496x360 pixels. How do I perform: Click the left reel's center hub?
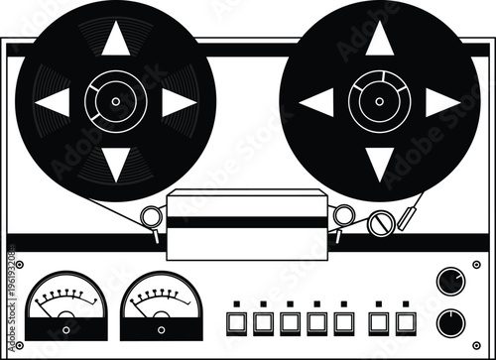pyautogui.click(x=116, y=101)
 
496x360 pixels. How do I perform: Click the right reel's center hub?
pyautogui.click(x=379, y=101)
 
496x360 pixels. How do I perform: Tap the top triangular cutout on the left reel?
pyautogui.click(x=116, y=39)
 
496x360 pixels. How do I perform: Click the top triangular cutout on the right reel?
pyautogui.click(x=379, y=39)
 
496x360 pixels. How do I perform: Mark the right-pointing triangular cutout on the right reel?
pyautogui.click(x=441, y=101)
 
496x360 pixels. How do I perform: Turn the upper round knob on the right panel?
pyautogui.click(x=449, y=282)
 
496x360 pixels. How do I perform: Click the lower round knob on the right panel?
pyautogui.click(x=449, y=321)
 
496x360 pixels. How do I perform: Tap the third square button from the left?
pyautogui.click(x=291, y=321)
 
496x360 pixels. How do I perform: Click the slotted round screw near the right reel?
pyautogui.click(x=377, y=225)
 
